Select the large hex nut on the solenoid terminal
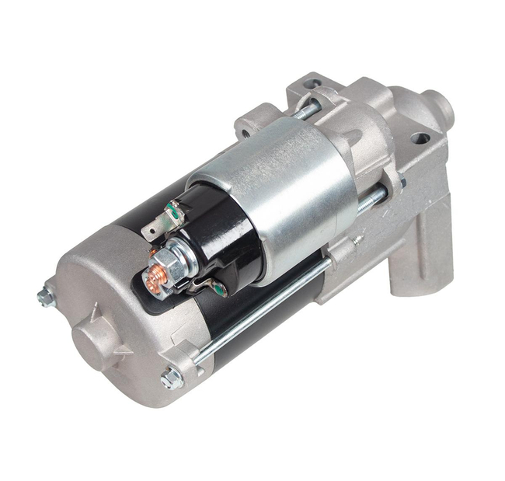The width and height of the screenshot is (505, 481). pyautogui.click(x=172, y=264)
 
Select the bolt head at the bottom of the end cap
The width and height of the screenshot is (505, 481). pyautogui.click(x=171, y=378)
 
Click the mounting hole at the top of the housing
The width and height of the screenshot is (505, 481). pyautogui.click(x=312, y=83)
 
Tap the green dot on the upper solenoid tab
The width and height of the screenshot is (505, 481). pyautogui.click(x=176, y=207)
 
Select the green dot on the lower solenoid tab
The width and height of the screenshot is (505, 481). pyautogui.click(x=221, y=290)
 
